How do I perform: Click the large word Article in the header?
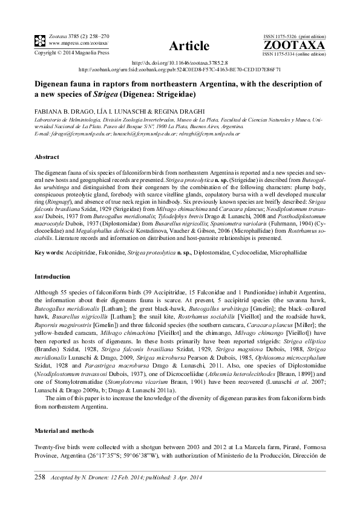189,46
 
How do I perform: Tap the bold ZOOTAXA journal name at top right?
294,45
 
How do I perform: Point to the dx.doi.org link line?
180,63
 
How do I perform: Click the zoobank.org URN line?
180,70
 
